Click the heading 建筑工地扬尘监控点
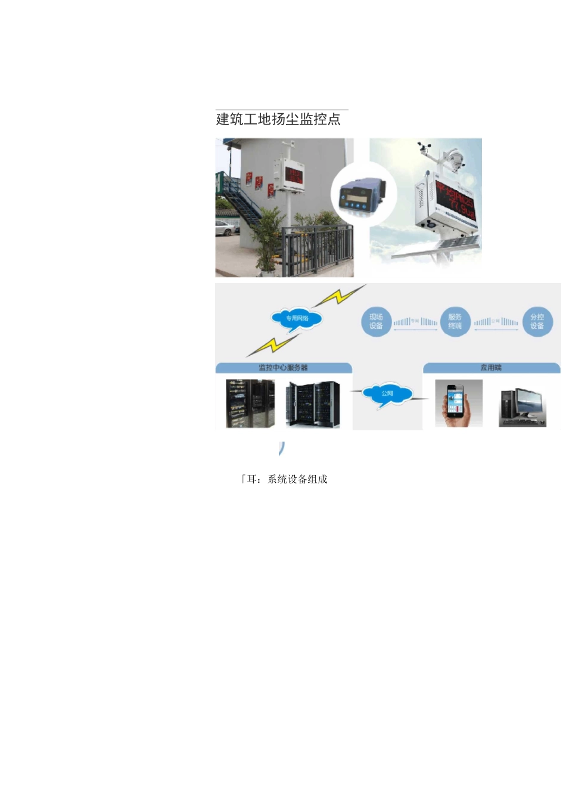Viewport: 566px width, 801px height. click(x=278, y=119)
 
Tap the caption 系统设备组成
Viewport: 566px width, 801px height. click(x=297, y=479)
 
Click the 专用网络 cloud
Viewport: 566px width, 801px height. click(x=297, y=318)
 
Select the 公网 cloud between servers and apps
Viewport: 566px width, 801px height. click(x=387, y=394)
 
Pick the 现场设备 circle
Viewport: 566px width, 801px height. click(x=376, y=322)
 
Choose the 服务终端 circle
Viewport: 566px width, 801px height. click(x=455, y=322)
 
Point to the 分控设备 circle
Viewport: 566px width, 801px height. click(x=537, y=322)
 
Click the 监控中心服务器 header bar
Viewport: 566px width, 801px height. click(x=283, y=368)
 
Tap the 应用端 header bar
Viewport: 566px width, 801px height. click(x=491, y=368)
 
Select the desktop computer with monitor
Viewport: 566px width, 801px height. click(x=523, y=406)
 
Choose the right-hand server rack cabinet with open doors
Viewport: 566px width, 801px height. click(x=313, y=404)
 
